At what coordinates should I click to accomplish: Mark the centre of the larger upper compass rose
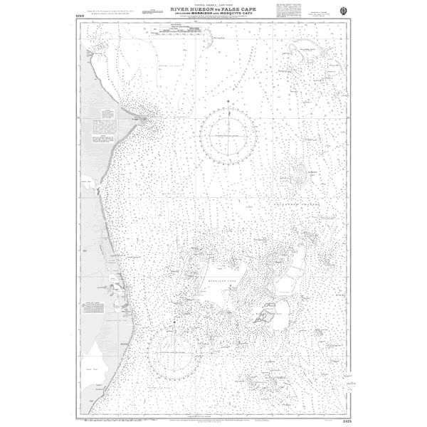(x=228, y=135)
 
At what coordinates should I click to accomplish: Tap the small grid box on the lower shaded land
(x=93, y=306)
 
